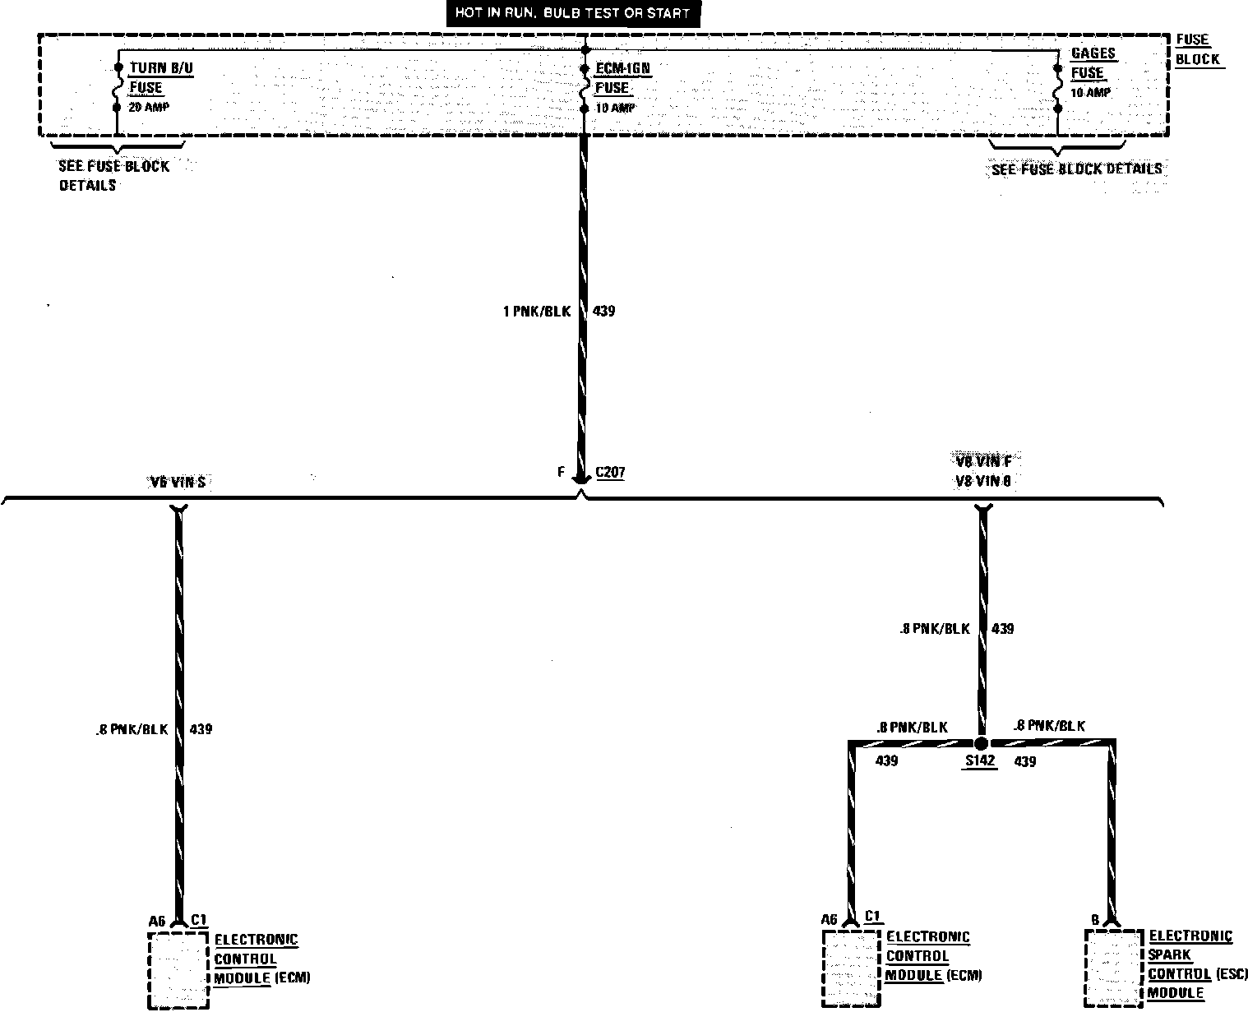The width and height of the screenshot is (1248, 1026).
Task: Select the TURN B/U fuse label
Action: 161,68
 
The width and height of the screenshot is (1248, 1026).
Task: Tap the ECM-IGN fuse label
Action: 622,68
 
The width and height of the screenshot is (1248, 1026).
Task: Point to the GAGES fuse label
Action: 1093,53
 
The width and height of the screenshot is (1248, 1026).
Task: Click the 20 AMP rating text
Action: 149,108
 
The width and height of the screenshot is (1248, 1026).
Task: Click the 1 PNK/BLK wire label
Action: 537,312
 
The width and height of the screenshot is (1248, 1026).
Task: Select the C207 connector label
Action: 609,473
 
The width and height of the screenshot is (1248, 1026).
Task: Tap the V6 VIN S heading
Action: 178,483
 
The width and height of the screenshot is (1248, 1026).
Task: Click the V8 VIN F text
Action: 983,461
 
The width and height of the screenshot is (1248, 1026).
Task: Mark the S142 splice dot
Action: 981,743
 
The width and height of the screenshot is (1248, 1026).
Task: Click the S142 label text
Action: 980,761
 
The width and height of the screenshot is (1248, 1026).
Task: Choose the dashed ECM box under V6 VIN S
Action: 178,969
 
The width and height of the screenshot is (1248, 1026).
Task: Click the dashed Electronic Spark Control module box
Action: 1113,968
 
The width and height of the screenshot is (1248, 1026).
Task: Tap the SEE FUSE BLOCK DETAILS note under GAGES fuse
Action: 1076,169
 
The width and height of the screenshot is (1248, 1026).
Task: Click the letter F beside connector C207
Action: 561,473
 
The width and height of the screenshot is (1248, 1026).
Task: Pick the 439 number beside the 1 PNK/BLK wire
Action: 603,312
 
